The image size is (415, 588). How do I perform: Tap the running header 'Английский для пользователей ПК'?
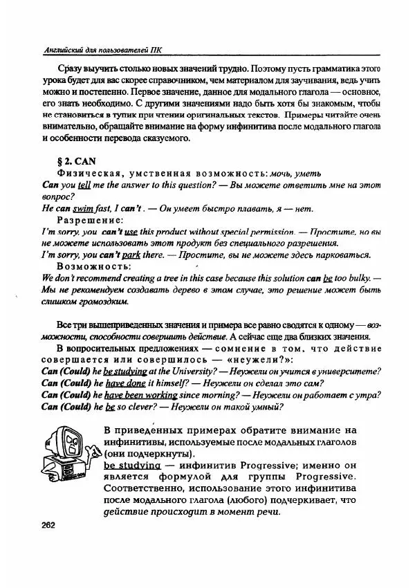pos(102,49)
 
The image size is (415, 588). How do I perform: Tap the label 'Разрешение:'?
pos(90,220)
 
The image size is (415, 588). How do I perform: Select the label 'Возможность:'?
pos(94,266)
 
